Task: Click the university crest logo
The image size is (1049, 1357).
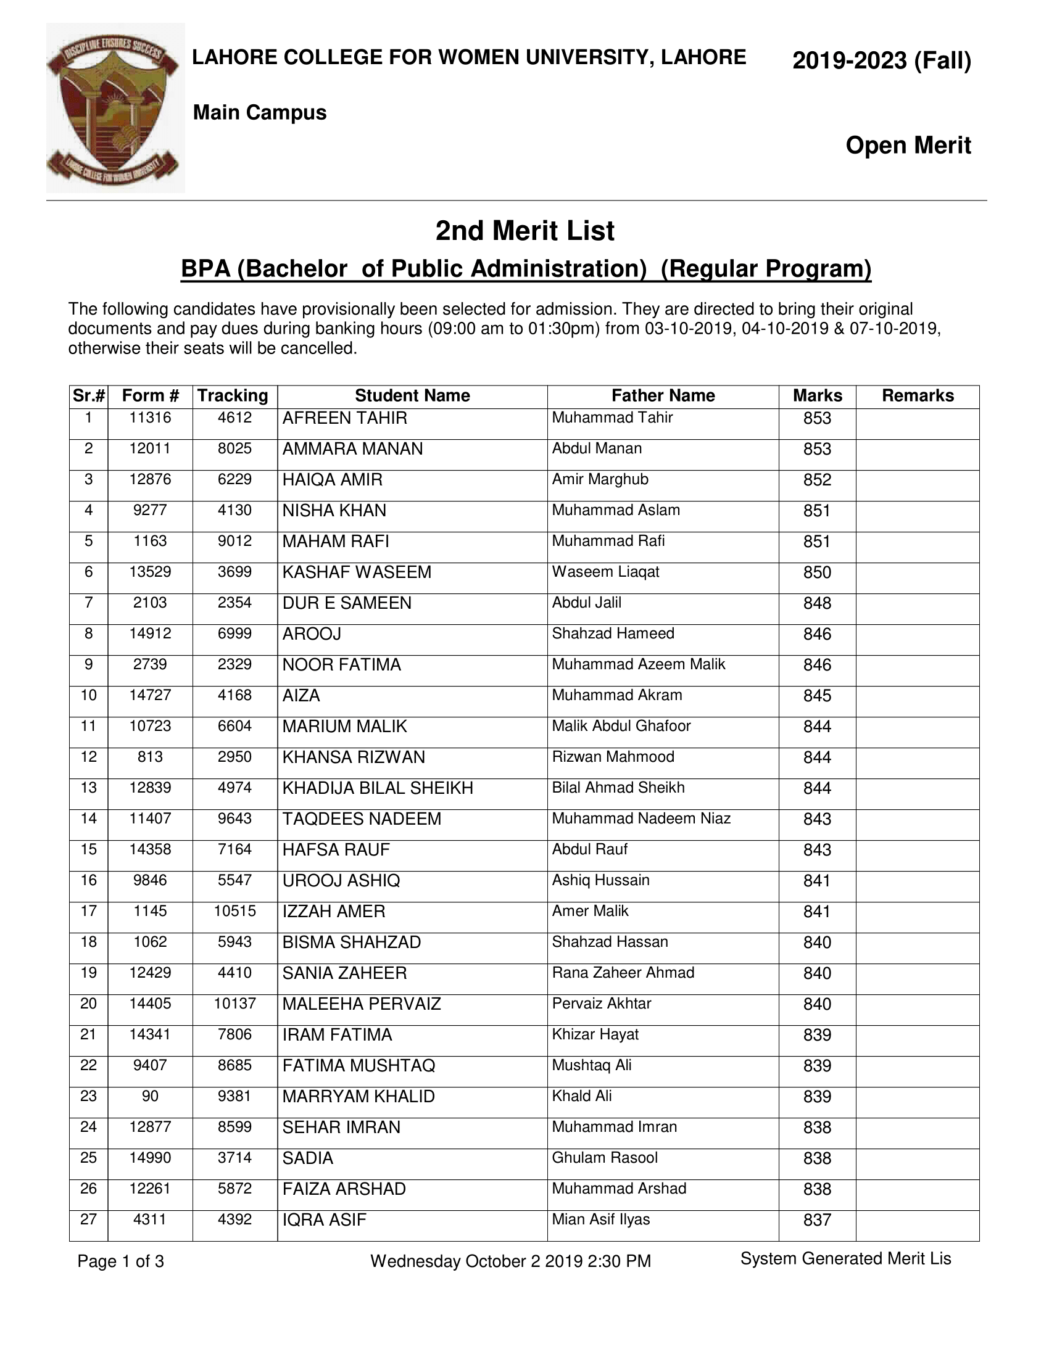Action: (115, 107)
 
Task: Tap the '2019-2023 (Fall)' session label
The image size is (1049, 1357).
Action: (881, 61)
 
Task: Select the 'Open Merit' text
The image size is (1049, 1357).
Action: (908, 146)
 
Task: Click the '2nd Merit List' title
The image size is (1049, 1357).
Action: (524, 231)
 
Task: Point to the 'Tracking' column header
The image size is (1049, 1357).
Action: (233, 396)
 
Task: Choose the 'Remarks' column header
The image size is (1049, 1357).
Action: (917, 396)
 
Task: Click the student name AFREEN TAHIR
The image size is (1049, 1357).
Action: (345, 418)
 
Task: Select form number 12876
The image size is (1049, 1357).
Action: (150, 479)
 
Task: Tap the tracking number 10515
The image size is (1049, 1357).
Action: (235, 911)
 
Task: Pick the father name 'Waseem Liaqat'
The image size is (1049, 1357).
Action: (605, 572)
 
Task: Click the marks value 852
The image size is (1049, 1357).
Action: (816, 480)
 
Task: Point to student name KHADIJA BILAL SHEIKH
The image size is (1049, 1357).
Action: (378, 788)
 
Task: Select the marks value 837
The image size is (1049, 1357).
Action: (816, 1219)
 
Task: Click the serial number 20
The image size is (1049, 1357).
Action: (89, 1004)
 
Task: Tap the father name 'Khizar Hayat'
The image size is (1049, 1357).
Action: (595, 1034)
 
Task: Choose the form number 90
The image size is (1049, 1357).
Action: (150, 1096)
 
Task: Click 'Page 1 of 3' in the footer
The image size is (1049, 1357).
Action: (120, 1261)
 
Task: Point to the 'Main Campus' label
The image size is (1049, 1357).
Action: (260, 112)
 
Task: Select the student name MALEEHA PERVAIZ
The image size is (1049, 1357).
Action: (362, 1004)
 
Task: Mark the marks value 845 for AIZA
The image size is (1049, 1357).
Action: (816, 695)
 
